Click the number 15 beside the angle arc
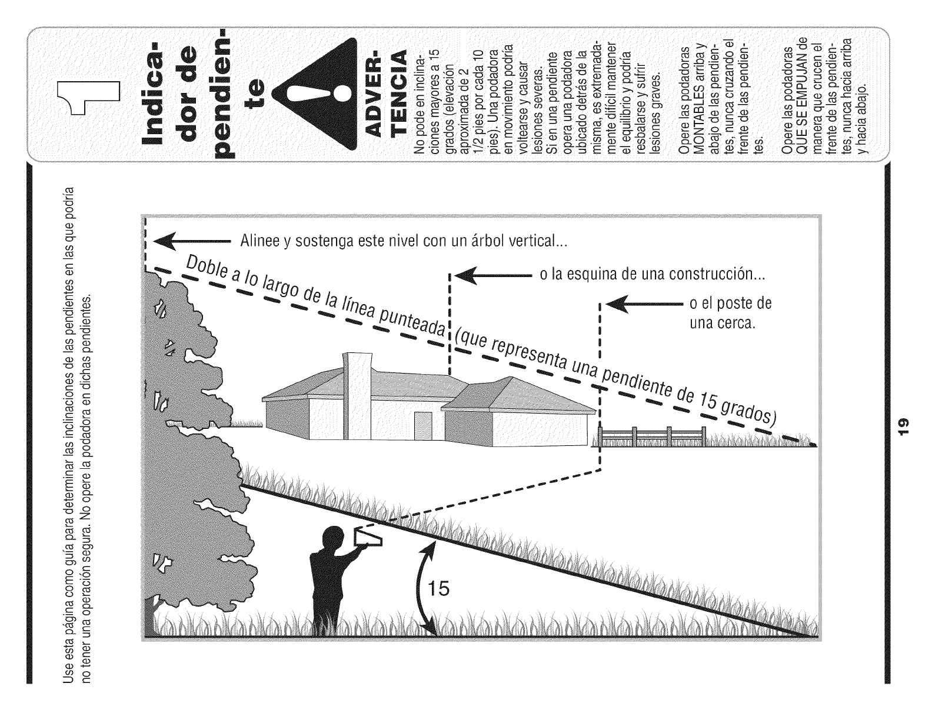438,588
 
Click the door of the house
422,426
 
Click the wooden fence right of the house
652,437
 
